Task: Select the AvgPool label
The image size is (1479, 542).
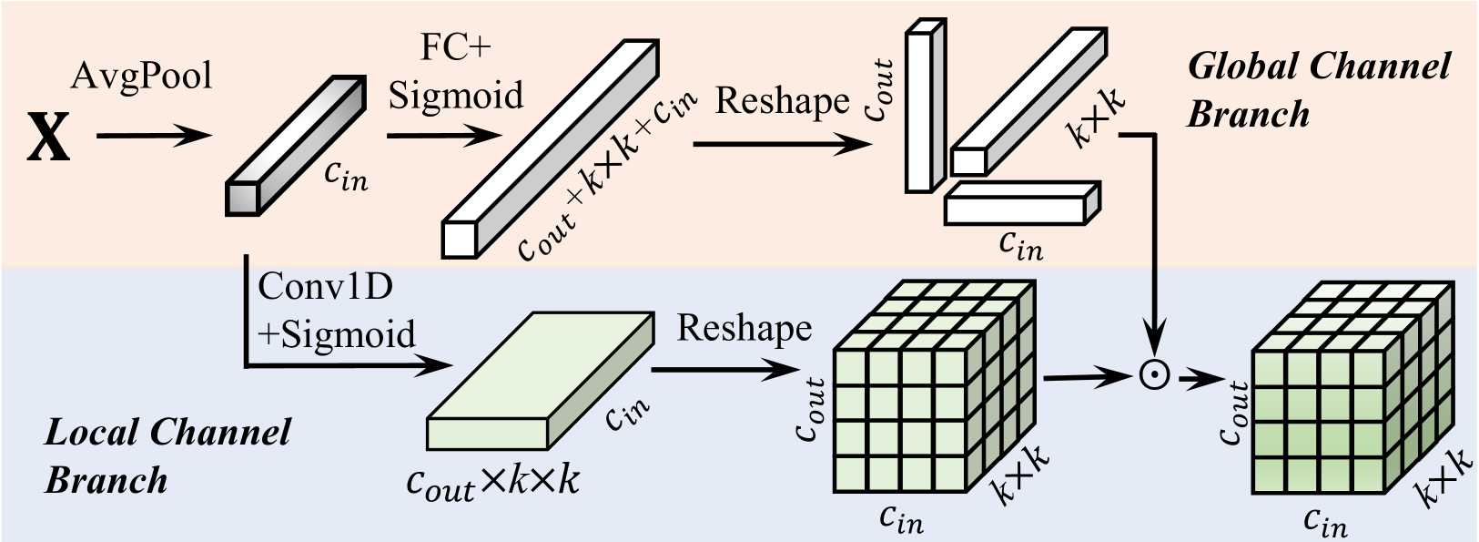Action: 141,76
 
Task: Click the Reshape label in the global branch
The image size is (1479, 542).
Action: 782,101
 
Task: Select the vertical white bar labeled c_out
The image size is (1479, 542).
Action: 920,107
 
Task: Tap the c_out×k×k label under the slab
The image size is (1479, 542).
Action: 492,483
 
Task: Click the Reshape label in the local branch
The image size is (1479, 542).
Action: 744,328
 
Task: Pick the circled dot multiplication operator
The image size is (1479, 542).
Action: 1153,374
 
